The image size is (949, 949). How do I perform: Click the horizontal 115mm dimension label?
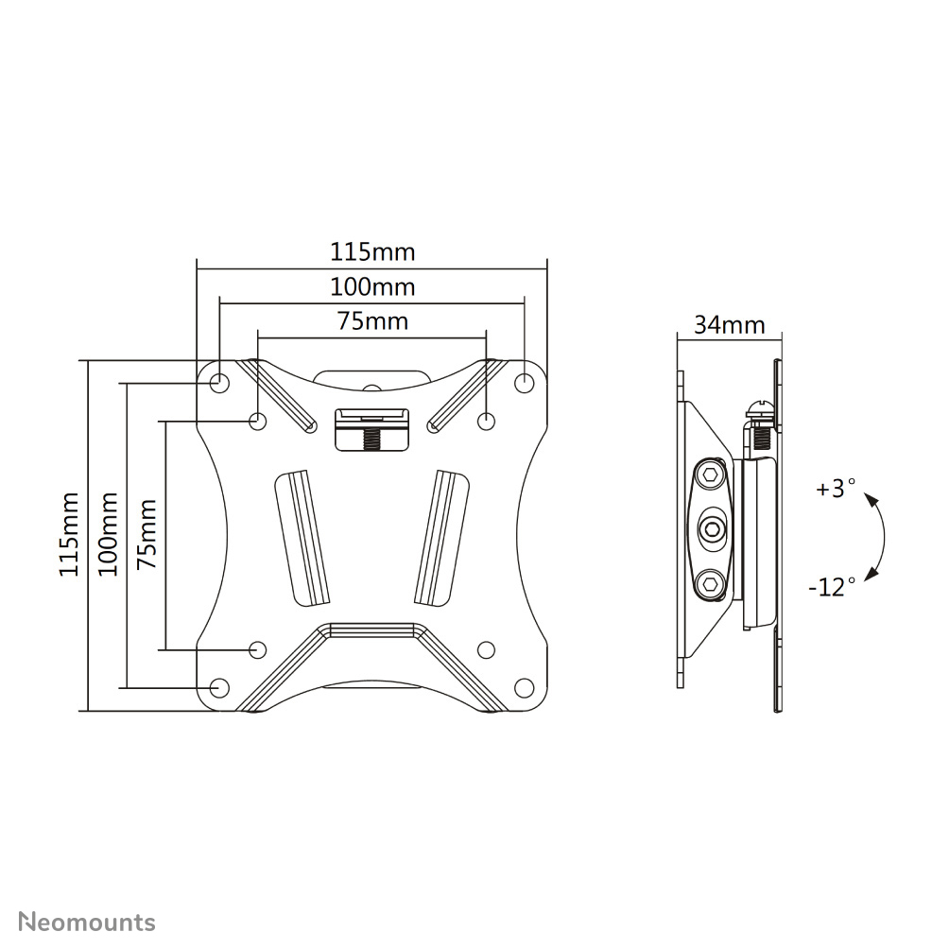coord(371,252)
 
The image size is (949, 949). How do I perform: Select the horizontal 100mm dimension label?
coord(371,286)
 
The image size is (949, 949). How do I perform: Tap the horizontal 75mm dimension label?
coord(372,321)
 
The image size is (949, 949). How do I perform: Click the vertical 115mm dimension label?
coord(69,534)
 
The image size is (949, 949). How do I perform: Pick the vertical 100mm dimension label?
coord(108,534)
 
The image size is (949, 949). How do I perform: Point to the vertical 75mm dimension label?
coord(147,534)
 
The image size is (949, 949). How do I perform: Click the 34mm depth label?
coord(729,325)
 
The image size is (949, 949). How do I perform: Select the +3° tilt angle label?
coord(836,490)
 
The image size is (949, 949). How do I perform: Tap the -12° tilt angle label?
coord(832,587)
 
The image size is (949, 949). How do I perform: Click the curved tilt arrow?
coord(880,536)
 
